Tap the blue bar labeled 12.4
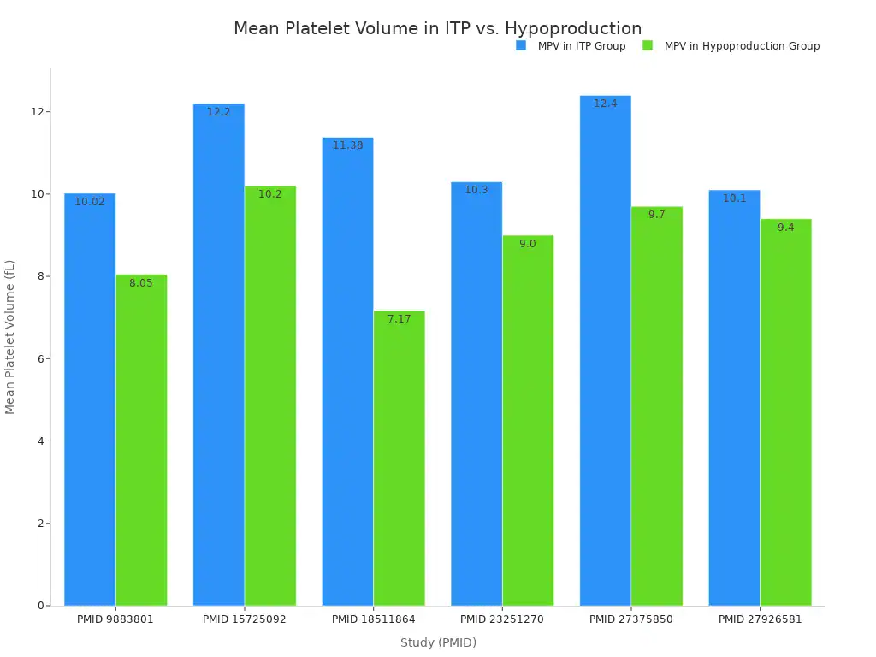click(x=605, y=351)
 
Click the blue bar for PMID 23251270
click(x=476, y=394)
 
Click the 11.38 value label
click(x=347, y=145)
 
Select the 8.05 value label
click(x=141, y=283)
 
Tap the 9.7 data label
click(x=656, y=215)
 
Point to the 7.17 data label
click(x=399, y=319)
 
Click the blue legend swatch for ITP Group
click(x=521, y=46)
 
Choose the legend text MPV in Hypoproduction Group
click(x=742, y=46)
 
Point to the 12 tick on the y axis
click(x=38, y=112)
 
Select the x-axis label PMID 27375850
click(x=631, y=619)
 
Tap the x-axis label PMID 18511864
click(x=373, y=619)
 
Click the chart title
click(x=437, y=29)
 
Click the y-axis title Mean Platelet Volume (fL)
click(x=10, y=337)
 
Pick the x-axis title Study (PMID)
click(x=438, y=642)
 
